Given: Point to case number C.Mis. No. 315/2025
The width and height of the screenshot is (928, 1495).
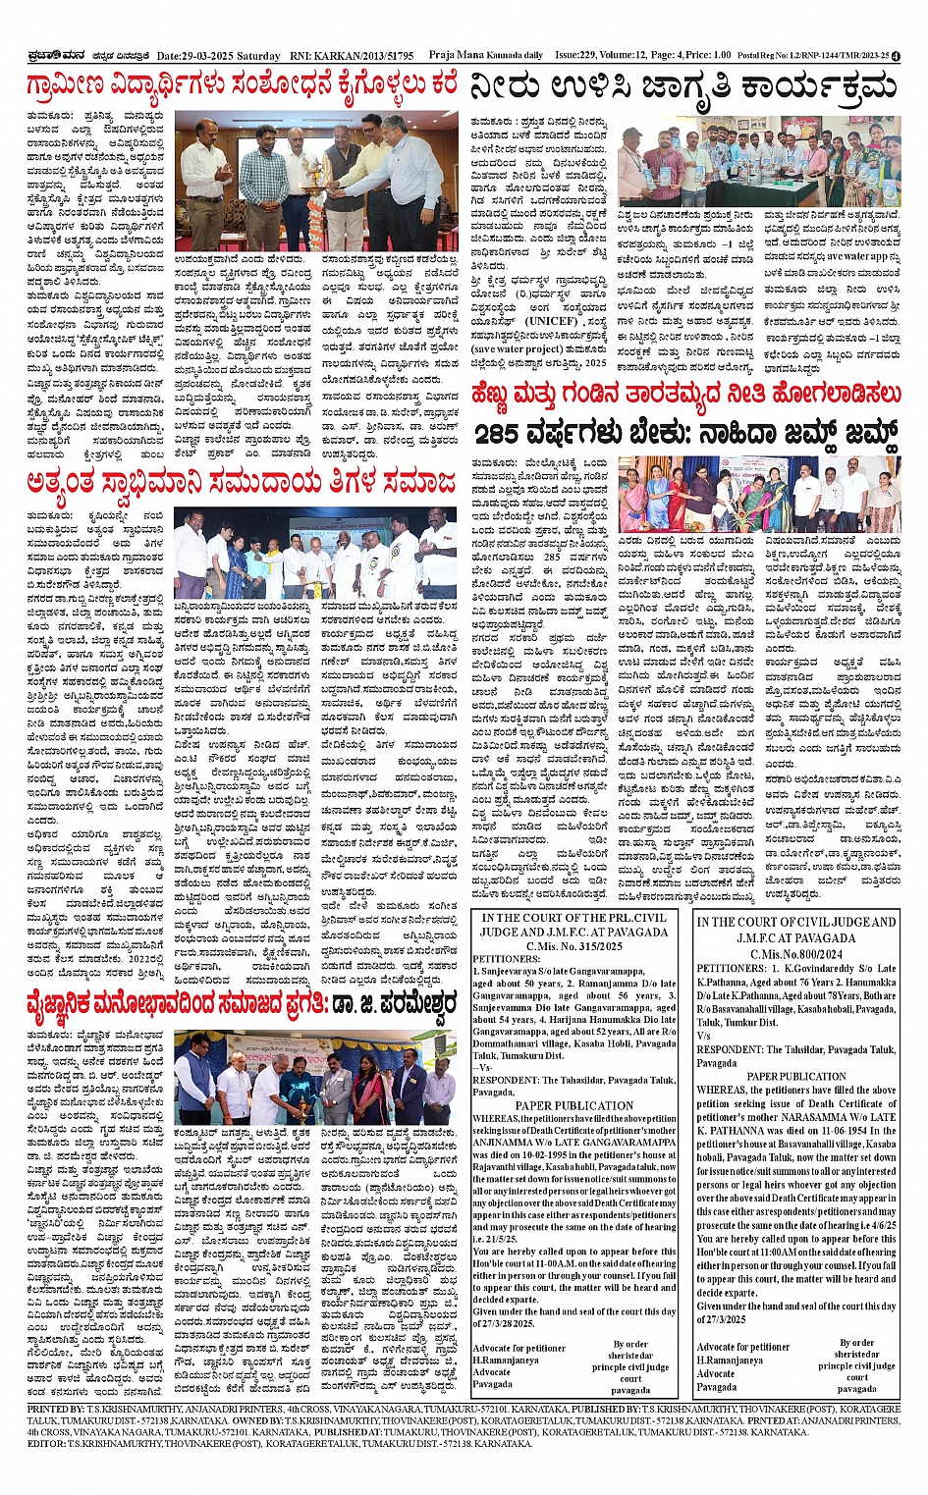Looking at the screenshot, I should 574,946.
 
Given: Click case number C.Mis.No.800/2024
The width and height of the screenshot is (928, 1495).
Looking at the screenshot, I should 795,953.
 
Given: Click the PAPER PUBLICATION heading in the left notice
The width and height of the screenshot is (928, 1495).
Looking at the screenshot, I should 574,1105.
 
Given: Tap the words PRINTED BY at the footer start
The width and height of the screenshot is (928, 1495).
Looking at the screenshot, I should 56,1410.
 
